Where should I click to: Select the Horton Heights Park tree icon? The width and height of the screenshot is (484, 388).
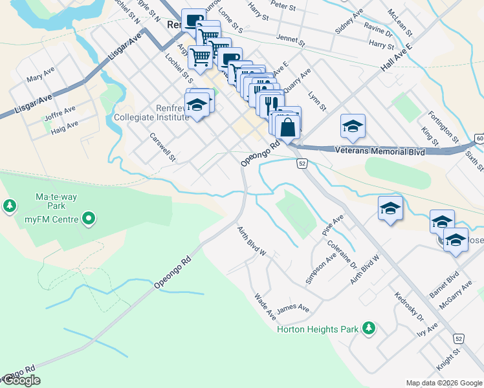click(x=369, y=329)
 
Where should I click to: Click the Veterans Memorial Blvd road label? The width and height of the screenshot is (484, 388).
click(x=380, y=151)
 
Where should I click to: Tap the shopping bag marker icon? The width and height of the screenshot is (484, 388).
click(x=288, y=127)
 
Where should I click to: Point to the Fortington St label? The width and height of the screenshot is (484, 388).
click(x=443, y=127)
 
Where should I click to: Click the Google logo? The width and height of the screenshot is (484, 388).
click(x=21, y=380)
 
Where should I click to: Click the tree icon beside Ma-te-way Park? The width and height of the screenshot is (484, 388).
click(x=10, y=206)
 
